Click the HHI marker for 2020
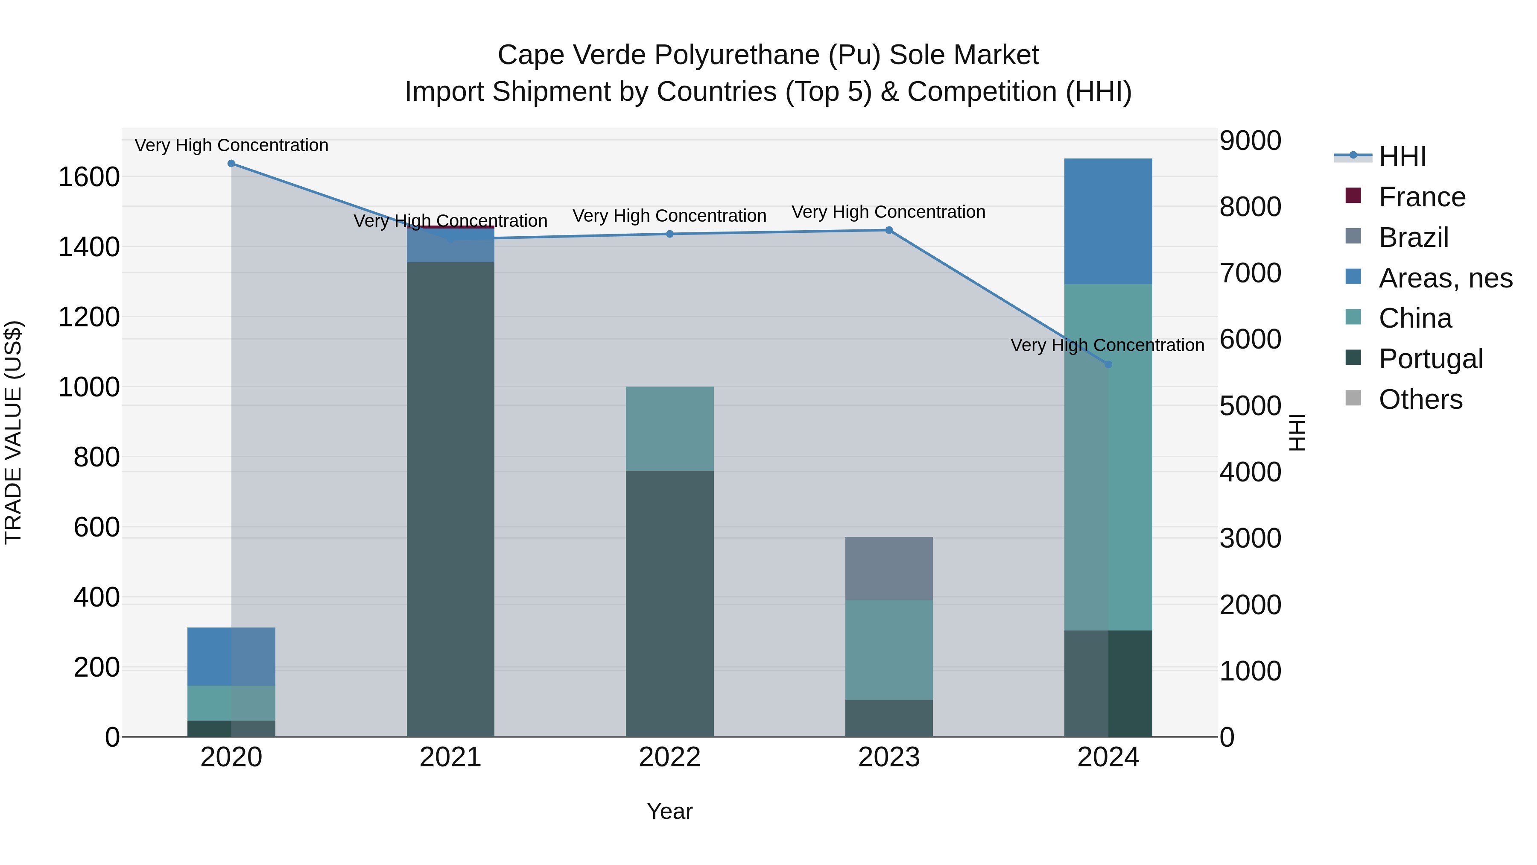pyautogui.click(x=231, y=164)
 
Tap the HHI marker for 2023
pyautogui.click(x=889, y=230)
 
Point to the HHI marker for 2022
pyautogui.click(x=669, y=234)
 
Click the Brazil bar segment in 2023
pyautogui.click(x=889, y=568)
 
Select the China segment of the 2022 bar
pyautogui.click(x=669, y=428)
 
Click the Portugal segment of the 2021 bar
pyautogui.click(x=450, y=499)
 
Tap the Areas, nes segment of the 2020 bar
pyautogui.click(x=231, y=656)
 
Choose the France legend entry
pyautogui.click(x=1422, y=197)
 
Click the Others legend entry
pyautogui.click(x=1420, y=399)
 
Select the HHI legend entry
pyautogui.click(x=1402, y=156)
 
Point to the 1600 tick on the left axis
pyautogui.click(x=89, y=177)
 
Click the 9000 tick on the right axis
pyautogui.click(x=1250, y=141)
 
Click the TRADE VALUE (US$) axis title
pyautogui.click(x=13, y=432)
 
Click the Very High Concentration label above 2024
pyautogui.click(x=1107, y=345)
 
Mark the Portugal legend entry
pyautogui.click(x=1430, y=359)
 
